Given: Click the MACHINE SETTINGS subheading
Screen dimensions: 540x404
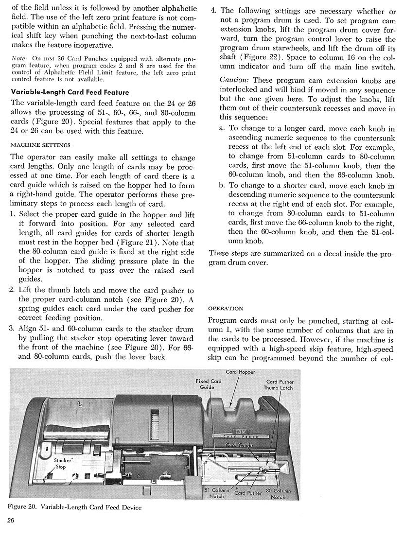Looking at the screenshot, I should point(40,145).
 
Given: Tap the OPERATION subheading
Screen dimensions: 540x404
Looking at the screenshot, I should point(226,308).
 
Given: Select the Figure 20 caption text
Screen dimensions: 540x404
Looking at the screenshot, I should point(75,507).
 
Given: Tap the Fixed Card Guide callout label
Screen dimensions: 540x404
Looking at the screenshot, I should point(209,384).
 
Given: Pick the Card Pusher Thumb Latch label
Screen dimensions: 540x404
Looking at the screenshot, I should point(279,385).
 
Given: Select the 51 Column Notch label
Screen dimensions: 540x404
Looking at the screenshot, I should point(216,493).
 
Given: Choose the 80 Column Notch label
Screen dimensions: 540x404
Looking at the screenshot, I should point(278,494).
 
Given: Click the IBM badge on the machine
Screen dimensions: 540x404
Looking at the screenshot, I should point(240,432).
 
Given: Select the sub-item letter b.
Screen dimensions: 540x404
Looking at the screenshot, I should point(222,186).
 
